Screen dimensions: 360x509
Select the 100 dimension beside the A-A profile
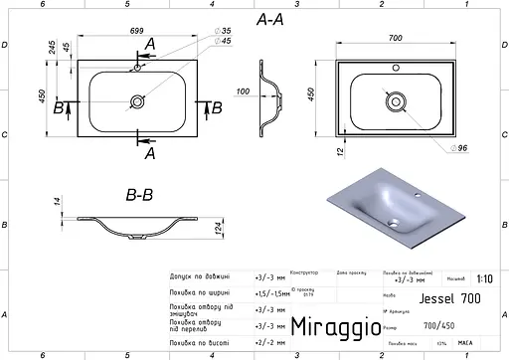pyautogui.click(x=244, y=91)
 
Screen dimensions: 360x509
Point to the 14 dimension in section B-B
pyautogui.click(x=58, y=202)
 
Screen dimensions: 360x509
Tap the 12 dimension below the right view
pyautogui.click(x=339, y=149)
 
